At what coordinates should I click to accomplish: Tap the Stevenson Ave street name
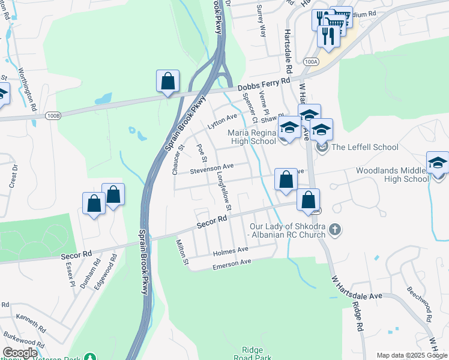[x=211, y=169]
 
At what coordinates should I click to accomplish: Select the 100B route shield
[x=53, y=114]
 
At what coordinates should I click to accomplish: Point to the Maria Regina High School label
[x=250, y=137]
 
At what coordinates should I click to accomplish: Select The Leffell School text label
[x=364, y=147]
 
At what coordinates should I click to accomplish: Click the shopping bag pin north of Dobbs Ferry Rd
[x=168, y=81]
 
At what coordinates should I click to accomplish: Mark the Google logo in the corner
[x=20, y=353]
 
